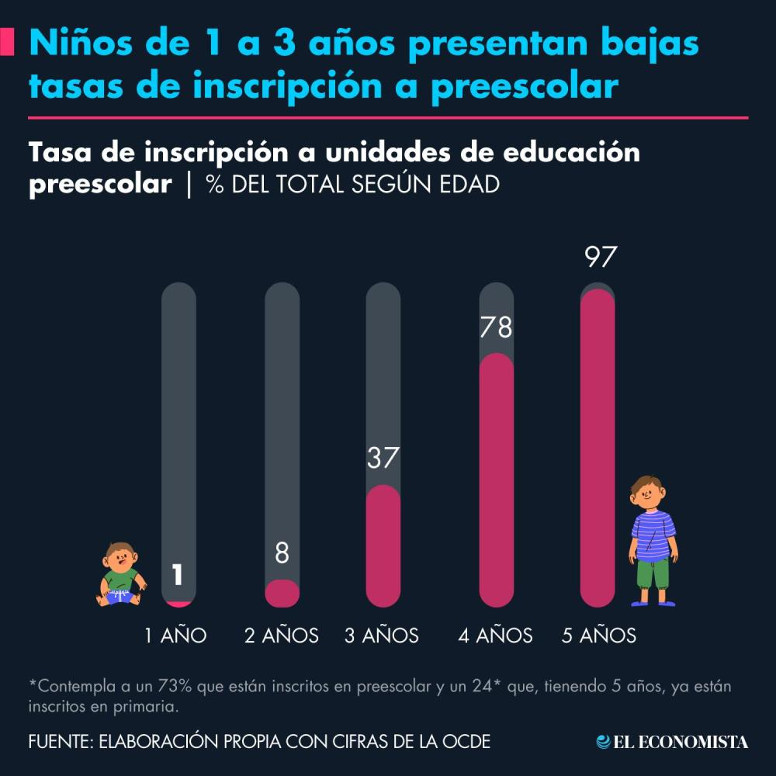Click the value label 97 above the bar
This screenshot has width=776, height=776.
[599, 258]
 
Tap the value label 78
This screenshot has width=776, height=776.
[496, 327]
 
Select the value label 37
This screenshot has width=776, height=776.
[383, 458]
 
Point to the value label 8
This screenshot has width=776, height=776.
[282, 553]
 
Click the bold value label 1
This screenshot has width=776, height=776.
[178, 575]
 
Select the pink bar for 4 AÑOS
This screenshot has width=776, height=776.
[496, 481]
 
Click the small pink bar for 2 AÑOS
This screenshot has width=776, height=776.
[282, 594]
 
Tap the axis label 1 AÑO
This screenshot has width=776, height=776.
[176, 636]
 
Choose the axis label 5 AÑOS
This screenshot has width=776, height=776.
[599, 636]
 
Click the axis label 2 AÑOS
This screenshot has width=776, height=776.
[282, 636]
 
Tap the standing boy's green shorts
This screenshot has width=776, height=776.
[652, 573]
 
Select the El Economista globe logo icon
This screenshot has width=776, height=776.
[603, 742]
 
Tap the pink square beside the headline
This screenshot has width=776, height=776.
[9, 42]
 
